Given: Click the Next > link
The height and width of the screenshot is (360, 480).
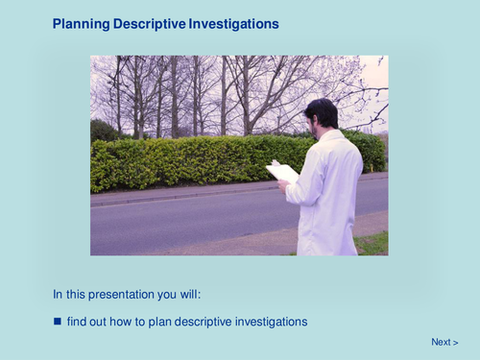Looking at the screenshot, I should tap(444, 342).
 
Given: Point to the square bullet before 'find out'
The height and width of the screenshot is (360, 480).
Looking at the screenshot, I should tap(58, 322).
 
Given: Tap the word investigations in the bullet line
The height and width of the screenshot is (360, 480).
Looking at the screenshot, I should tap(273, 322).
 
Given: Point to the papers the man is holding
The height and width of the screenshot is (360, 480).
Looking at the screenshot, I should tap(282, 172).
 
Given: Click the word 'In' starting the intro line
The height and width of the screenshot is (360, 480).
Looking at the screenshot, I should tap(58, 295).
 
